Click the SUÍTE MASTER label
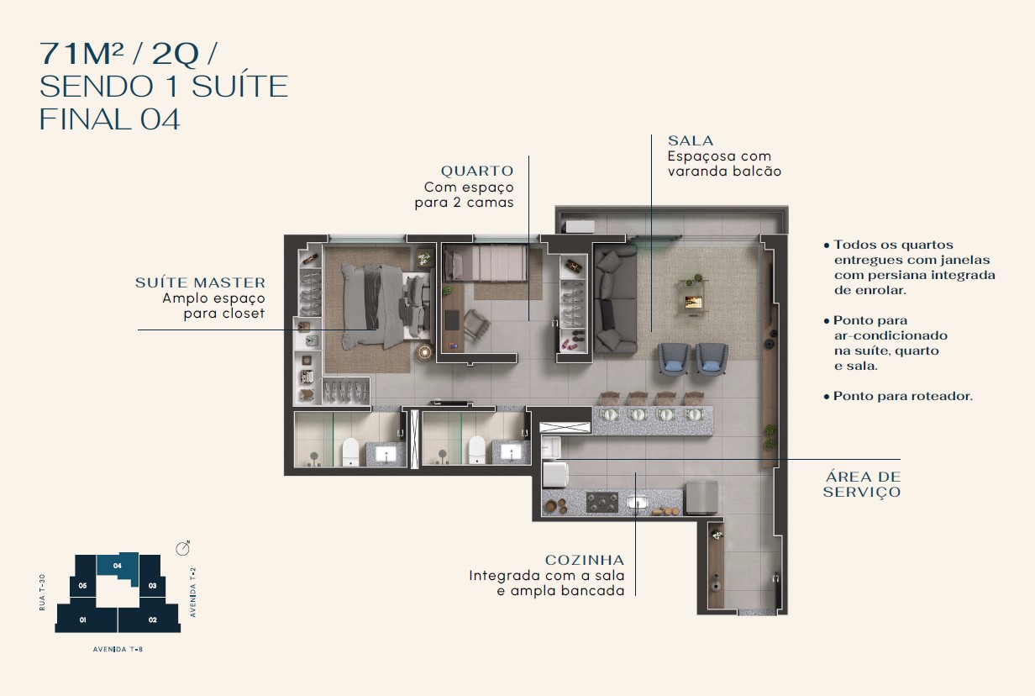coord(200,282)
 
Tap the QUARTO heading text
coord(477,171)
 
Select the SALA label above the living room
coord(691,140)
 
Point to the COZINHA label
coord(585,560)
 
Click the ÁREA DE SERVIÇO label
coord(862,484)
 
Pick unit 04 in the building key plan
coord(118,566)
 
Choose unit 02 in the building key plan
coord(150,620)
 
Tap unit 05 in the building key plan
coord(82,586)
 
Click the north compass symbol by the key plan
coord(183,548)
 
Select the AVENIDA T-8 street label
coord(118,649)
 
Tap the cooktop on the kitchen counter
coord(602,503)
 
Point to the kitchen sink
coord(638,503)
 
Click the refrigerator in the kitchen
coord(701,497)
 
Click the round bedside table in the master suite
coord(424,352)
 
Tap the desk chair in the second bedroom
coord(477,326)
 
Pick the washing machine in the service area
coord(555,474)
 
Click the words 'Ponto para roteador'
coord(902,396)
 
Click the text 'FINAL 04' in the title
coord(109,119)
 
